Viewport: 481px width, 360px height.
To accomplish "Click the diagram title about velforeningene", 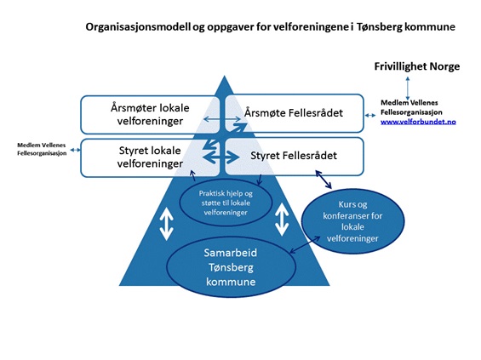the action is tap(270, 27).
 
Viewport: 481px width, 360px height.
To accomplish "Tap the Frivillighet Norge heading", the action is tap(417, 66).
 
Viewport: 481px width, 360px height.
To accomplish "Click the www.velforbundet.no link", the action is tap(418, 122).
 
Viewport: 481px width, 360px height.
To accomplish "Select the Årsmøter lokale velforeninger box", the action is tap(150, 115).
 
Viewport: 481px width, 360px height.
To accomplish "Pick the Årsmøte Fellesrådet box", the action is tap(295, 113).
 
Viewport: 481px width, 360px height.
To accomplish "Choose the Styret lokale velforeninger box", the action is tap(150, 157).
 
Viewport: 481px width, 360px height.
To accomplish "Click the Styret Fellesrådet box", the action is tap(295, 156).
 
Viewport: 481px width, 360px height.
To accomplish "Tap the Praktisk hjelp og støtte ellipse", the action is tap(226, 203).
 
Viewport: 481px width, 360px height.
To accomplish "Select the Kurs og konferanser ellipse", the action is tap(352, 221).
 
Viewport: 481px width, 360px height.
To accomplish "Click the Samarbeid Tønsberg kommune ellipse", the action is tap(231, 267).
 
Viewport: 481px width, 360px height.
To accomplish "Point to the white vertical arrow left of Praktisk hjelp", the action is tap(167, 224).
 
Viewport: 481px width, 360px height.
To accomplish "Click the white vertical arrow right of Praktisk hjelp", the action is tap(282, 220).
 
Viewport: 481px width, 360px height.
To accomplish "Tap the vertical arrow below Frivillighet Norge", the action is tap(408, 89).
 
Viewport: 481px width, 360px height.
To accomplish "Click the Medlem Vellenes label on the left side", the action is tap(42, 149).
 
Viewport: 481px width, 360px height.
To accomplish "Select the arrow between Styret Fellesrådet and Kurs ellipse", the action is tap(324, 180).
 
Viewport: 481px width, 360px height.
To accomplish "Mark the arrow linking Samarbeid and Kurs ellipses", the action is tap(305, 245).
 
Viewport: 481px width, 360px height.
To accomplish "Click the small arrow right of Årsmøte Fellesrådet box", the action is tap(370, 115).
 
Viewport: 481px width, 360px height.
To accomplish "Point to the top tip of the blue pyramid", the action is tap(224, 76).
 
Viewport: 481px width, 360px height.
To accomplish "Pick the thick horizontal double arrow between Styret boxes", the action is tap(221, 157).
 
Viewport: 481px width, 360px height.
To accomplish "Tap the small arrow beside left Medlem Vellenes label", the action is tap(75, 150).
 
